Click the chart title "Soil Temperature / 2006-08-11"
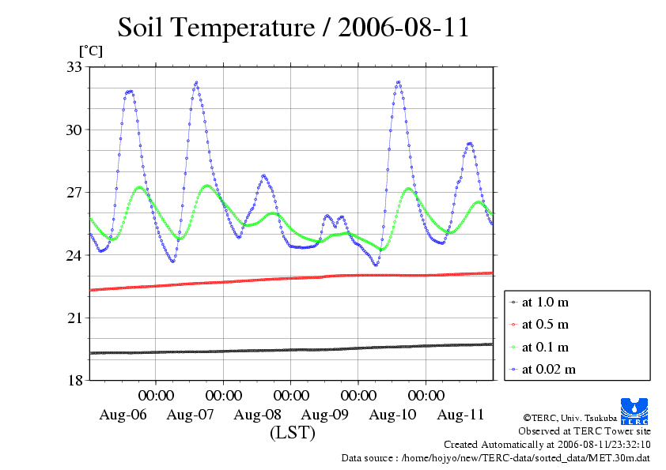[x=293, y=28]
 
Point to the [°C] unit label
[x=90, y=51]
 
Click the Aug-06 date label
[x=123, y=415]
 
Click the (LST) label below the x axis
[x=292, y=433]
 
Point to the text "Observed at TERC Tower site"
[x=585, y=431]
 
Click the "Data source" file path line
[x=496, y=457]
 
